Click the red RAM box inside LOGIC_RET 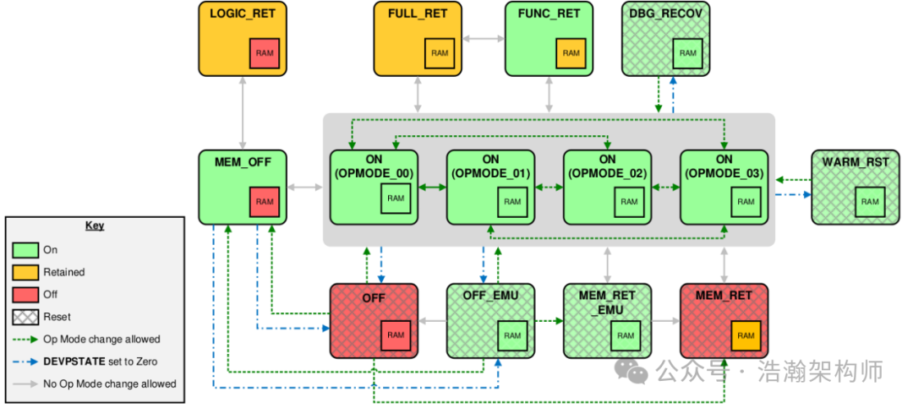[x=264, y=53]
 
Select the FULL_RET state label [x=418, y=14]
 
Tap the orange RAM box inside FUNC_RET [x=571, y=53]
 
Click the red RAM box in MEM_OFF [x=264, y=202]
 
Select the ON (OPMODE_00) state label [x=374, y=166]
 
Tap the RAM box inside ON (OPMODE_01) [x=511, y=202]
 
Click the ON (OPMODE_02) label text [x=607, y=166]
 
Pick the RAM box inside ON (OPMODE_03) [x=745, y=202]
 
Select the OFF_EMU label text [x=490, y=296]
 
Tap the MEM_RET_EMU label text [x=607, y=302]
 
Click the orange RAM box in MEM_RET [x=745, y=335]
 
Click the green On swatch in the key [x=25, y=250]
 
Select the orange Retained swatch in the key [x=25, y=272]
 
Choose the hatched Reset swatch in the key [x=25, y=317]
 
